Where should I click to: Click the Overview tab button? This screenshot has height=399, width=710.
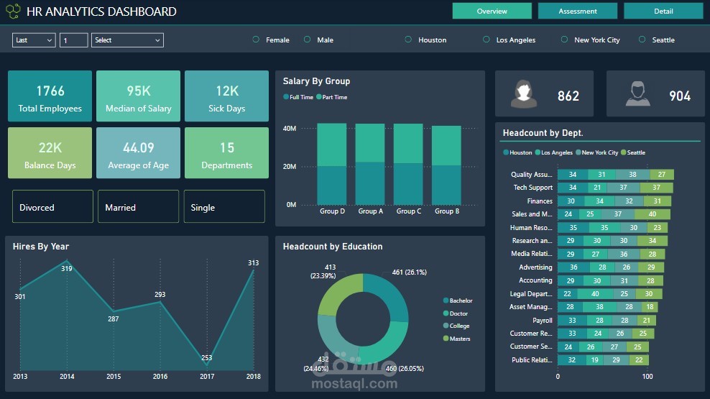492,11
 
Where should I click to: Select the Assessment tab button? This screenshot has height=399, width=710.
577,11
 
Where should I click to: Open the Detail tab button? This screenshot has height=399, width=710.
663,11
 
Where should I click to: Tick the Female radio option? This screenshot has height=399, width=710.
257,40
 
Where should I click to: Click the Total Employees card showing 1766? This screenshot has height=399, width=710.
50,96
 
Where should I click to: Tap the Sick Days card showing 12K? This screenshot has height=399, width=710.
226,96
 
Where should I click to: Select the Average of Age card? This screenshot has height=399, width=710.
138,153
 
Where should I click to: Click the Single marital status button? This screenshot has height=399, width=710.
223,207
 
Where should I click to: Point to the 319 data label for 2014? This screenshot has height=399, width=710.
67,268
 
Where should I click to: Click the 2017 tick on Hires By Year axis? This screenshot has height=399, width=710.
206,376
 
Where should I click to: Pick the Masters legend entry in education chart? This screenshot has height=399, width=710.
458,339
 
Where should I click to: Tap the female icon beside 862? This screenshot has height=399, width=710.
524,94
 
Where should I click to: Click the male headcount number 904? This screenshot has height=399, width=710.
679,96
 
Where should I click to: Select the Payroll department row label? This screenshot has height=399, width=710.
542,321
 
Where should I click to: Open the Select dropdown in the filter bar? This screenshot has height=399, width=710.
127,40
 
